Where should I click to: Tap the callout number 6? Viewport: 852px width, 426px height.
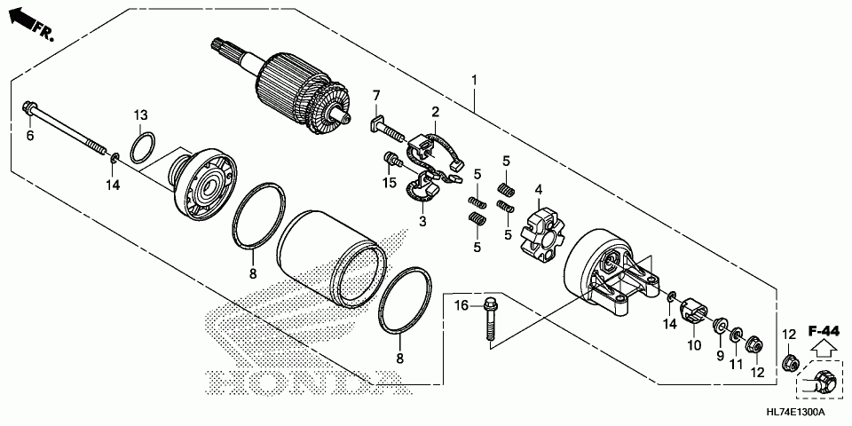coord(29,136)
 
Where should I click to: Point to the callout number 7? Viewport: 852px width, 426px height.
coord(376,96)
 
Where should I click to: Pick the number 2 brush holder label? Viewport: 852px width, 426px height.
coord(436,112)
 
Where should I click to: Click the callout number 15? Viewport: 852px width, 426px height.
coord(389,183)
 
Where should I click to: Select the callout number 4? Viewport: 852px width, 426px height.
coord(537,189)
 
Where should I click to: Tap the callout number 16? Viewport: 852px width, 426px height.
coord(461,306)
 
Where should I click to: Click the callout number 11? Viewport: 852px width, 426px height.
coord(736,365)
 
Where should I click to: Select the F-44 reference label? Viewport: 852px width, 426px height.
coord(824,330)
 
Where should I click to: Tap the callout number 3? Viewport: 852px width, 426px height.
coord(422,221)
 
